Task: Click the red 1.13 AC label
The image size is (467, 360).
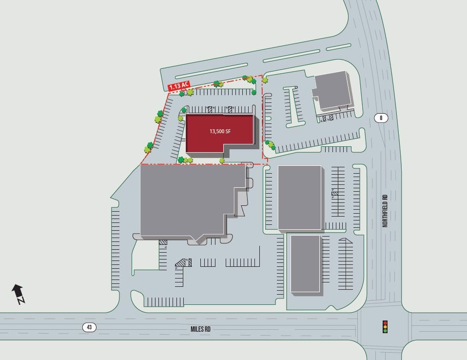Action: (178, 86)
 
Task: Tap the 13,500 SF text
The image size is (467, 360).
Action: (220, 131)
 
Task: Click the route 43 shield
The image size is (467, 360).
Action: (89, 327)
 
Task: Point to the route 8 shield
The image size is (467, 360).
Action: (381, 118)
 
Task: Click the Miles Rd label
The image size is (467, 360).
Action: (200, 329)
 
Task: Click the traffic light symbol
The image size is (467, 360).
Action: (385, 326)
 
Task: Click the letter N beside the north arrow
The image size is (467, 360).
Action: (21, 300)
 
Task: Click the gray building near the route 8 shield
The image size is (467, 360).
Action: (333, 91)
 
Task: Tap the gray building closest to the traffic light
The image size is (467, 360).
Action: (306, 263)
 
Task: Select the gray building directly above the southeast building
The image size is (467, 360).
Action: (300, 197)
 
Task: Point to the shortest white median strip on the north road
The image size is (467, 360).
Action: (338, 47)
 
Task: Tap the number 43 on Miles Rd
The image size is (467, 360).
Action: (89, 327)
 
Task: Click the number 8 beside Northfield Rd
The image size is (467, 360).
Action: (381, 118)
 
